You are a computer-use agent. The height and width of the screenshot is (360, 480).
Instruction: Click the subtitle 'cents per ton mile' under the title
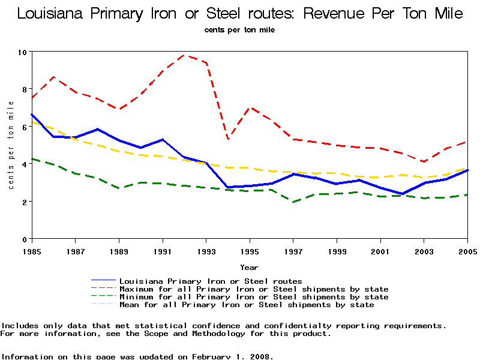click(x=239, y=29)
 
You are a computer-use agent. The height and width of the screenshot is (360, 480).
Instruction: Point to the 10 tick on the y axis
click(x=23, y=52)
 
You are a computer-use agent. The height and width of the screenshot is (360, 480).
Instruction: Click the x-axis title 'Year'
click(x=249, y=267)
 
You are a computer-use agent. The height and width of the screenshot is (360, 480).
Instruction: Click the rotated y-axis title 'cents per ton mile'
click(x=11, y=145)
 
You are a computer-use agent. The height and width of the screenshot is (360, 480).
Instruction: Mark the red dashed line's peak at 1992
click(x=184, y=55)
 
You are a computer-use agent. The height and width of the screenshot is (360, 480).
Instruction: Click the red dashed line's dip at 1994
click(x=228, y=139)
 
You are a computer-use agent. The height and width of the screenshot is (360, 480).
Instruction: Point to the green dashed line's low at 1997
click(x=293, y=202)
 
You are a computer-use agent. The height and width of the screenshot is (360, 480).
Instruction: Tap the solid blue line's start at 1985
click(x=32, y=115)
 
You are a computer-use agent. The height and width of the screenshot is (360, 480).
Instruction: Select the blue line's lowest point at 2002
click(x=402, y=194)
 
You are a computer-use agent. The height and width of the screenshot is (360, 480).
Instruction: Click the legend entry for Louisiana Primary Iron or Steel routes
click(x=210, y=281)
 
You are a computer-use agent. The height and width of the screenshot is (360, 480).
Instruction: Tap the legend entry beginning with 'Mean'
click(x=246, y=305)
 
